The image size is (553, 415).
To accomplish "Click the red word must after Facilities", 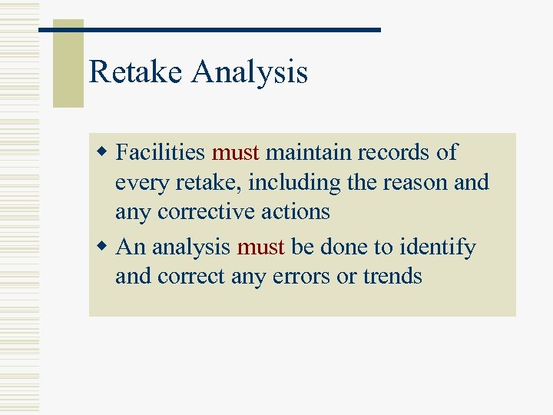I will [x=235, y=153].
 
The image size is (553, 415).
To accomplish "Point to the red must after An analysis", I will [x=261, y=247].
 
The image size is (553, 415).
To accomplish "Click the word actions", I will [x=296, y=212].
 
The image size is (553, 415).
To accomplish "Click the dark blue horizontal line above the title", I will [x=209, y=29].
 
